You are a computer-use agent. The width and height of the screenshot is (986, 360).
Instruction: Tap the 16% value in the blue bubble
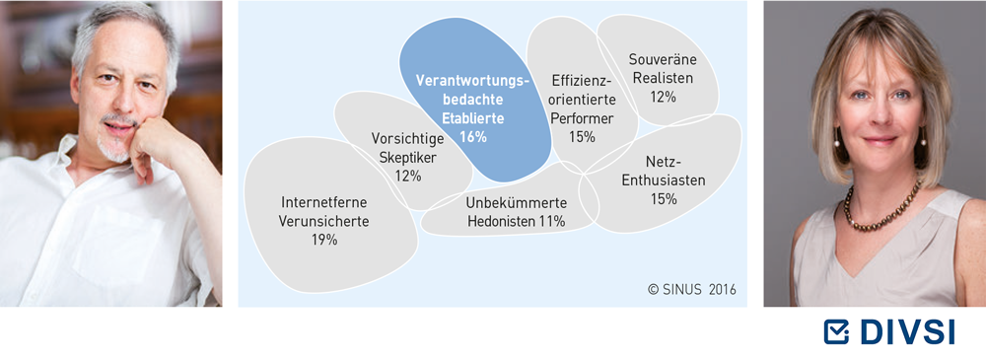point(473,136)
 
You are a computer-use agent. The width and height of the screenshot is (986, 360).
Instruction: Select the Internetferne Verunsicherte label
point(323,212)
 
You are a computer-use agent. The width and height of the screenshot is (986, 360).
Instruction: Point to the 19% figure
point(323,240)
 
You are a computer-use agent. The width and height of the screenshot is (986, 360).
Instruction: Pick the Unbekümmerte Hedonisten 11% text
point(517,212)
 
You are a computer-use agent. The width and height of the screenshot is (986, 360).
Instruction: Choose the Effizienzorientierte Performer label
point(582,100)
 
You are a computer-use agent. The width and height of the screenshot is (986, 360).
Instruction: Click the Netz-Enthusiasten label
point(664,170)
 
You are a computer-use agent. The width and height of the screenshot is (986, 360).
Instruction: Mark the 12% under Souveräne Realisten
point(663,97)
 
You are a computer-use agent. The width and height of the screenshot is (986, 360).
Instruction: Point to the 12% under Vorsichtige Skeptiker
point(407,176)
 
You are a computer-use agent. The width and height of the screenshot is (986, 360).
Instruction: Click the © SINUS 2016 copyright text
point(692,290)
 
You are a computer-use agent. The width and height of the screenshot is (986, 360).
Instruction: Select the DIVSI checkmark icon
point(836,331)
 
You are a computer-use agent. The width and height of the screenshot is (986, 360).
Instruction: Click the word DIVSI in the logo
point(905,331)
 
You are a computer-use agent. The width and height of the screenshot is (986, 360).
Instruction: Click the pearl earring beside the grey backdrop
point(837,141)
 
